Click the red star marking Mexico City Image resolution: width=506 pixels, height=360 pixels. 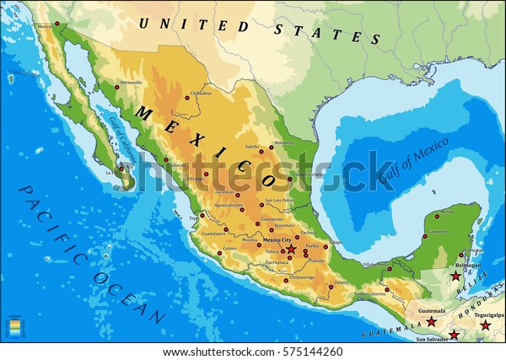292,250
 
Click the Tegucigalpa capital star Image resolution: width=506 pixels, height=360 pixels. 485,325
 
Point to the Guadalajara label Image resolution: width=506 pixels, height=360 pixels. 215,234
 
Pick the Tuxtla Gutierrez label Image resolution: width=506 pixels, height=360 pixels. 372,293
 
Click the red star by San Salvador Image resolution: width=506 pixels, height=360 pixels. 455,336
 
